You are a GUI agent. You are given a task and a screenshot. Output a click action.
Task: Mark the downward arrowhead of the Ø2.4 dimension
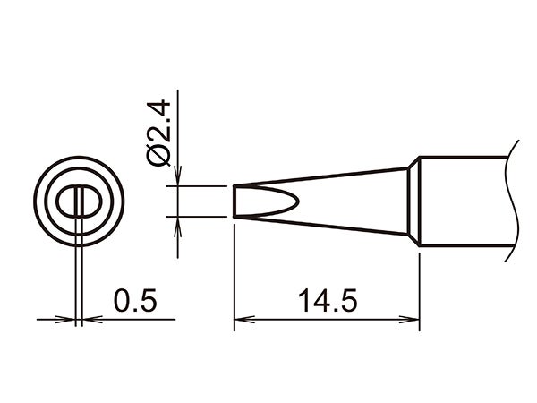180,180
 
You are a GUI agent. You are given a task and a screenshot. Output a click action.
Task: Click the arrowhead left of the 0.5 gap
70,318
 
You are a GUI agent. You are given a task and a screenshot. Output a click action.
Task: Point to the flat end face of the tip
234,201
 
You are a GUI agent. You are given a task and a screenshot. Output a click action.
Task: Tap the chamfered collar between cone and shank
414,201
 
